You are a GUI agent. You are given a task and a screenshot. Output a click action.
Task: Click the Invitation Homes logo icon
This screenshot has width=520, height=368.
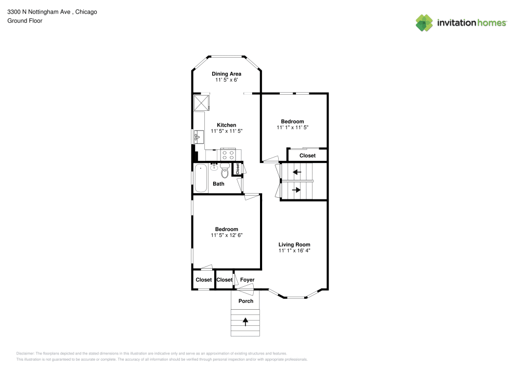click(x=424, y=23)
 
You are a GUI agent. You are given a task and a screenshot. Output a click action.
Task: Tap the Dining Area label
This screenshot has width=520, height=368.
click(x=226, y=74)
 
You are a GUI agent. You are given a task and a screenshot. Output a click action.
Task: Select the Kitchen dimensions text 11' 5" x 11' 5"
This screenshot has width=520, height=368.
click(x=226, y=132)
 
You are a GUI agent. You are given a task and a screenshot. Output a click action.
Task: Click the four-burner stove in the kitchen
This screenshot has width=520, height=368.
click(x=228, y=154)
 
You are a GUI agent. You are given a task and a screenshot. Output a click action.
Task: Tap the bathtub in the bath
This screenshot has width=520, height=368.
click(x=201, y=177)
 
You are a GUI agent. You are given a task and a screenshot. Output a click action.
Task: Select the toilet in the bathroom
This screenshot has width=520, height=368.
click(x=225, y=171)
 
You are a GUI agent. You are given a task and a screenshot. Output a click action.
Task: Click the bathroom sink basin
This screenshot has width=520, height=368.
click(x=214, y=167)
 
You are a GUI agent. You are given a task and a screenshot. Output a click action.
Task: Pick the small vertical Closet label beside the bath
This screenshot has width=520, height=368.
click(x=237, y=169)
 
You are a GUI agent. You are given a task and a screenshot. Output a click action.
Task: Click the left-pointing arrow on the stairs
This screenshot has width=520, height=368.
click(x=297, y=172)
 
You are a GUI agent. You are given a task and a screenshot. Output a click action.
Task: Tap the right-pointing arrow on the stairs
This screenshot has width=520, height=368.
click(x=296, y=190)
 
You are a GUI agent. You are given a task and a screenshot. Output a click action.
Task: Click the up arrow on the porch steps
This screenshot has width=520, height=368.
click(x=245, y=322)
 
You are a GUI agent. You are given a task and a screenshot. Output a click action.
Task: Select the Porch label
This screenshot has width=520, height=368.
click(x=246, y=301)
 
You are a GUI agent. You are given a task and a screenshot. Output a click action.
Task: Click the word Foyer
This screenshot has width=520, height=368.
click(x=247, y=280)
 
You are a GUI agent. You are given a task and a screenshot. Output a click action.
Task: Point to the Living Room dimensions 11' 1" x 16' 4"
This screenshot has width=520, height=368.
click(x=294, y=251)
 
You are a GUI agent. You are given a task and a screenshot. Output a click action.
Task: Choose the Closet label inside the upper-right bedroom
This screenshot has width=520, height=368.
click(x=307, y=156)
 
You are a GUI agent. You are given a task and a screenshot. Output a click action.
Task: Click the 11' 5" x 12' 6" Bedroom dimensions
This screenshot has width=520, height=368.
click(x=227, y=235)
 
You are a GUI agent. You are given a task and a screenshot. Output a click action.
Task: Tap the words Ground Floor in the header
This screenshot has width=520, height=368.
click(x=24, y=21)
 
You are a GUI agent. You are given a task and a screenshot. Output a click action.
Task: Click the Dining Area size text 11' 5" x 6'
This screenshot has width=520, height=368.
click(x=226, y=80)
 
